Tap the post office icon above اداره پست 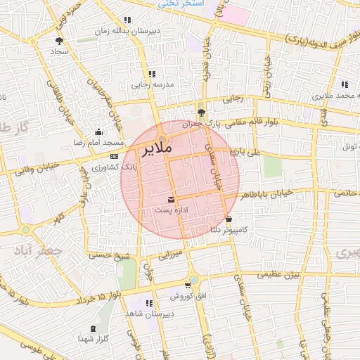[x=172, y=200]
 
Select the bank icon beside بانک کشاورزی [x=114, y=156]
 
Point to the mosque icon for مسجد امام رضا [x=98, y=132]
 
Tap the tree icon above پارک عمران [x=202, y=112]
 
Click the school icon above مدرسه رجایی [x=151, y=73]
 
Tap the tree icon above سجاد [x=58, y=41]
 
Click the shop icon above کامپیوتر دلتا [x=228, y=219]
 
